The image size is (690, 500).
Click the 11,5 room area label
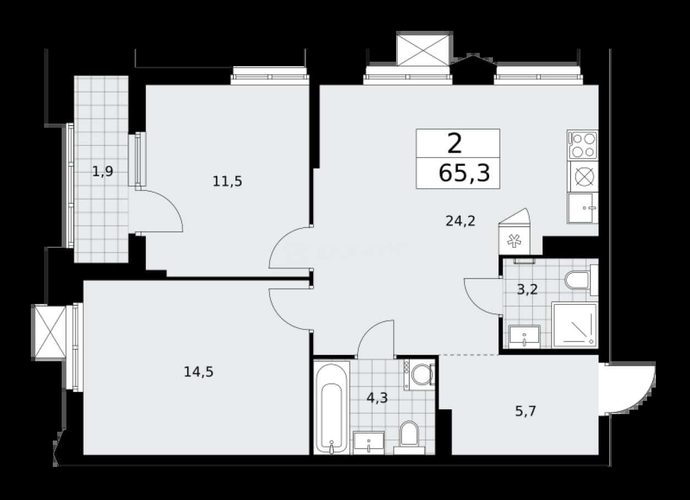[x=227, y=181]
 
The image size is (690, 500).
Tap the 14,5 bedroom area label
[x=199, y=372]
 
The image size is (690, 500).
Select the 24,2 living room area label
[x=461, y=221]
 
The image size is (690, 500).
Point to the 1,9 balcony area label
[x=103, y=171]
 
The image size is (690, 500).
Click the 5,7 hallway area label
[x=526, y=411]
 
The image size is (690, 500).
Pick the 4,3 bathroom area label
[x=377, y=398]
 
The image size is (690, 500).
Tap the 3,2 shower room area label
[x=527, y=290]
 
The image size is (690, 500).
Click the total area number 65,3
[x=464, y=173]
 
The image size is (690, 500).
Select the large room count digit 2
[x=454, y=144]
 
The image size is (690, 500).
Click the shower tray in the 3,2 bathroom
[x=575, y=325]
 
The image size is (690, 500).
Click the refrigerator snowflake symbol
[x=514, y=241]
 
